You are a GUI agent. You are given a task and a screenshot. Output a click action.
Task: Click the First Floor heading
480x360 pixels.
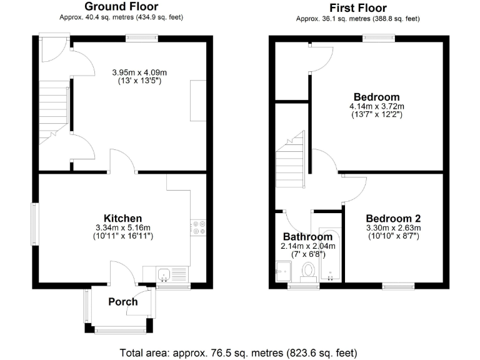358,8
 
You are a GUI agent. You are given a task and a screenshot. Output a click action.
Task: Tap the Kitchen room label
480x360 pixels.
122,218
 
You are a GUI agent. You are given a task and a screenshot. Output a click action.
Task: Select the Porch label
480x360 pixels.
122,302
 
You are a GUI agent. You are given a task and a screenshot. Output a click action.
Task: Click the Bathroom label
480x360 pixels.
307,237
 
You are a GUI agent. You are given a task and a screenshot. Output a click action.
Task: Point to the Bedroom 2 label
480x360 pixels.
393,218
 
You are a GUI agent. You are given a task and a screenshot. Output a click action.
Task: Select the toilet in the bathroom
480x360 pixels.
307,271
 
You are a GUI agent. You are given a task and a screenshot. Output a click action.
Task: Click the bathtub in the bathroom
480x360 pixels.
329,256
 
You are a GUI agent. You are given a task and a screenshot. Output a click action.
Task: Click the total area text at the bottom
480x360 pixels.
239,351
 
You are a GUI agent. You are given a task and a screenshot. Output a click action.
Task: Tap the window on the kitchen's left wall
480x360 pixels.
35,219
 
